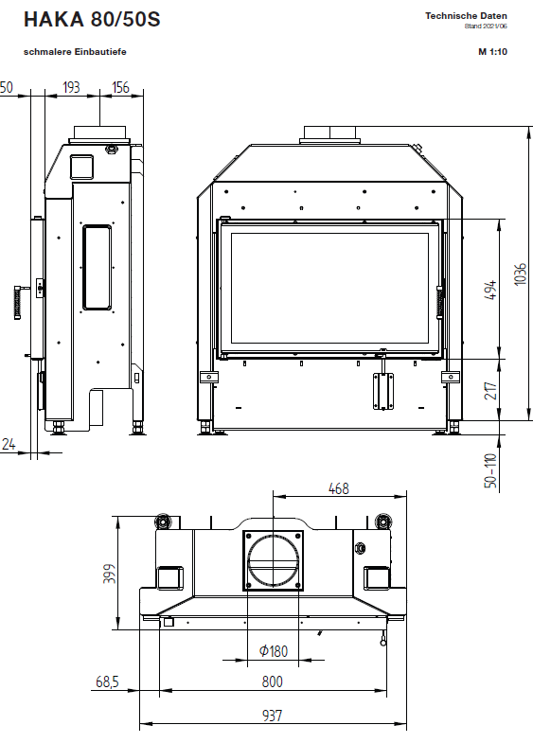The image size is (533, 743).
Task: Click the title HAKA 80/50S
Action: [92, 20]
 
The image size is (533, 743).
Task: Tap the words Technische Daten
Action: [466, 16]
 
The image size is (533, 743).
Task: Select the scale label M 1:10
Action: [492, 52]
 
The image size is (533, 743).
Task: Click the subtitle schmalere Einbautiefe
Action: [75, 52]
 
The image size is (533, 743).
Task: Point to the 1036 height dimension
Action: [520, 274]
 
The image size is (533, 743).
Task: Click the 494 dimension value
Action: [490, 290]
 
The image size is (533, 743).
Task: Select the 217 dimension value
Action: [490, 391]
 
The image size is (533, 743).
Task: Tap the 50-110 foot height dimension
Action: [490, 470]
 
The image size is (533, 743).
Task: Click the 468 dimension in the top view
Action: [338, 488]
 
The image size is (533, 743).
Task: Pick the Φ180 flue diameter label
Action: [274, 651]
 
